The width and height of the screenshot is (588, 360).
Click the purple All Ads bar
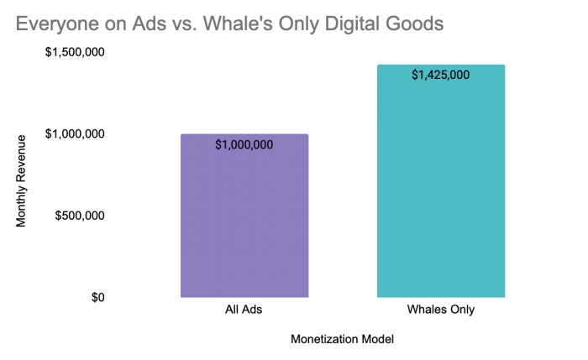point(244,216)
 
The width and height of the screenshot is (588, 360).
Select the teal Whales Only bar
point(441,181)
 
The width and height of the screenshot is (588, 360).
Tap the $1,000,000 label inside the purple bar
point(244,144)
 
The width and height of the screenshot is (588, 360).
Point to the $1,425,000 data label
point(441,75)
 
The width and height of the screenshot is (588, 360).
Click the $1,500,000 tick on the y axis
point(75,52)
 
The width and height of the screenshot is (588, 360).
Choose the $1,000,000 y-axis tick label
point(75,133)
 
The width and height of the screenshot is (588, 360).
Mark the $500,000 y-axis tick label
point(80,216)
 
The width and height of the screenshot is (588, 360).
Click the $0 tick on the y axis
point(98,297)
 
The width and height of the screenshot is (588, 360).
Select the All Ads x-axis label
point(244,310)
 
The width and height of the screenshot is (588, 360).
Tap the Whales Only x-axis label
point(441,310)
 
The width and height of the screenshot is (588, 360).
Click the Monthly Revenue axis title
point(21,181)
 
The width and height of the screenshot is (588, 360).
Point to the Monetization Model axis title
point(342,339)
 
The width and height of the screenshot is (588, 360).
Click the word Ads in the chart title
point(149,23)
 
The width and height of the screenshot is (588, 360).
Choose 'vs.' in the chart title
point(185,24)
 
